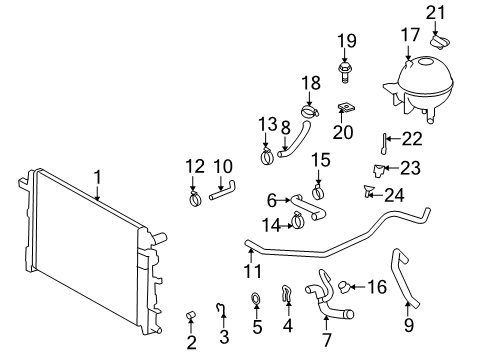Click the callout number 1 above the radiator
[x=98, y=179]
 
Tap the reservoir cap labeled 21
[x=441, y=42]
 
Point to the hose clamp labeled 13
[x=267, y=156]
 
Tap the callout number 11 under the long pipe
[x=253, y=271]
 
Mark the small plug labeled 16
[x=342, y=287]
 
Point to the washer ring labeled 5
[x=256, y=297]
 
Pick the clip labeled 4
[x=286, y=294]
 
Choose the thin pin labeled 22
[x=383, y=146]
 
